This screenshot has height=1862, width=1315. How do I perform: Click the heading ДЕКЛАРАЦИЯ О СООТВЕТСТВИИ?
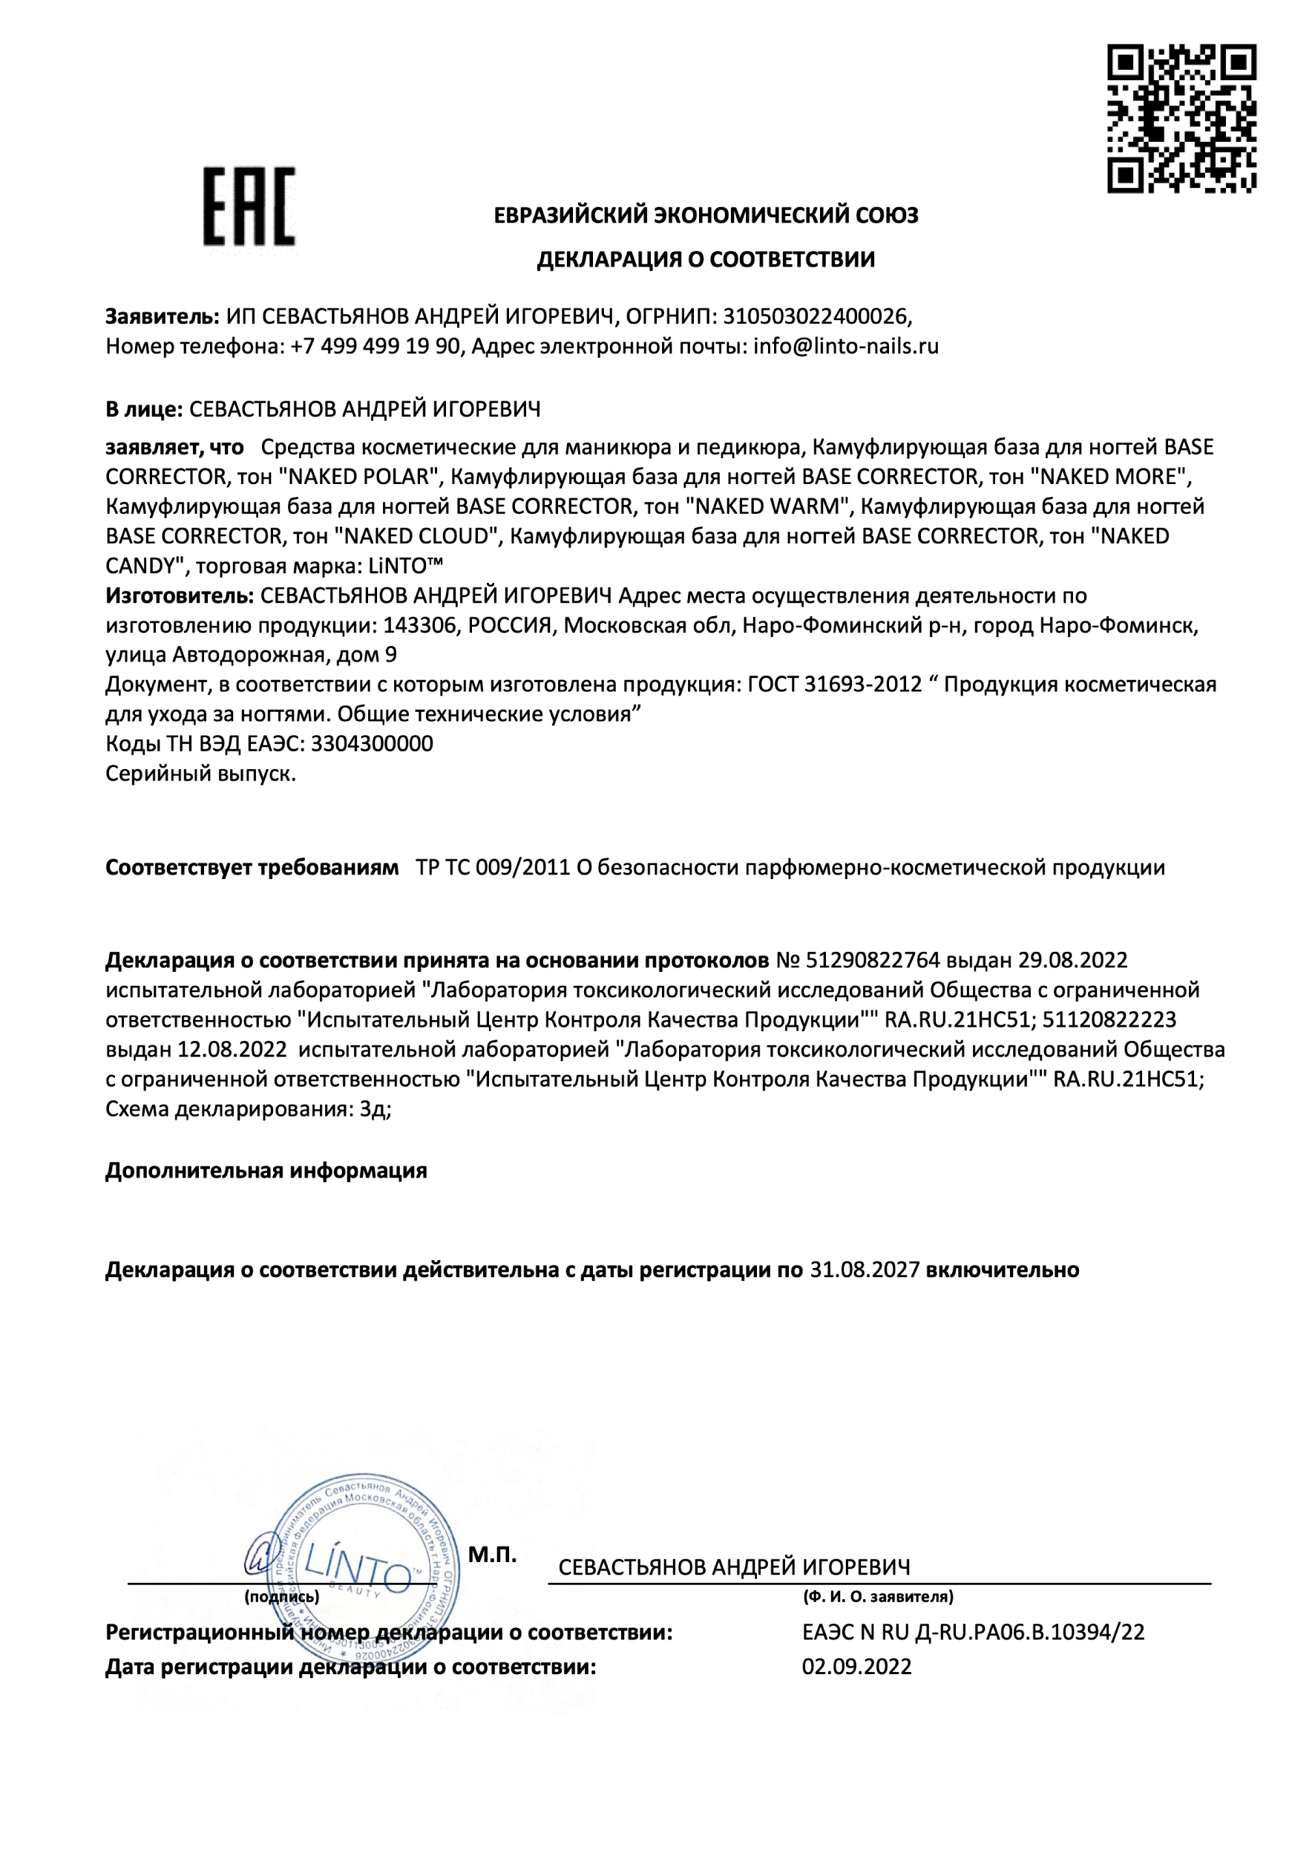[x=705, y=260]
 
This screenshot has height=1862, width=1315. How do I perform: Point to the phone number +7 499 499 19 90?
[x=376, y=346]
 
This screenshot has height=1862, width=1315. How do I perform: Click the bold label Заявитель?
[x=162, y=316]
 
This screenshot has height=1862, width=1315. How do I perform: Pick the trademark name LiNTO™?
[x=405, y=565]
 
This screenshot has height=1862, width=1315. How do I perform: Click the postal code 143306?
[x=419, y=625]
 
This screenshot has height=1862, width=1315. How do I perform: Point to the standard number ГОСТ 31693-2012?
[x=834, y=685]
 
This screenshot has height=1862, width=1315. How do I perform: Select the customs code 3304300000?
[x=372, y=744]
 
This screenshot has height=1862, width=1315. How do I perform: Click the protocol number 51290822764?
[x=873, y=960]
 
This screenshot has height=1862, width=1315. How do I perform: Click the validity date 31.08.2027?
[x=865, y=1270]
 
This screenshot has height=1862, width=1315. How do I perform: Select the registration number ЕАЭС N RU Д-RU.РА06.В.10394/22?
[x=973, y=1632]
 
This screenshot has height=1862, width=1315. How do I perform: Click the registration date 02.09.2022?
[x=856, y=1667]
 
